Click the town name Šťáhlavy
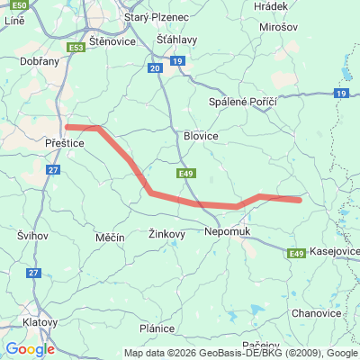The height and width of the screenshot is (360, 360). tap(175, 40)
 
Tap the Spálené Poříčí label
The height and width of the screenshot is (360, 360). tap(242, 102)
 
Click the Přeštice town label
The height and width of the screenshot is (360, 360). tap(63, 142)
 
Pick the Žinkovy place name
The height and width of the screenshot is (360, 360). tap(166, 234)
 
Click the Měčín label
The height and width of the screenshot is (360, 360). tap(110, 236)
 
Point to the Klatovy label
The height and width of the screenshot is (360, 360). tap(40, 320)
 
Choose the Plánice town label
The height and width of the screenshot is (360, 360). tap(157, 328)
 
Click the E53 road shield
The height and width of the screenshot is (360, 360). tap(76, 48)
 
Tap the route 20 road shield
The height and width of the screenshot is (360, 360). tap(155, 68)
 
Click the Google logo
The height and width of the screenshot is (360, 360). tap(30, 349)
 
